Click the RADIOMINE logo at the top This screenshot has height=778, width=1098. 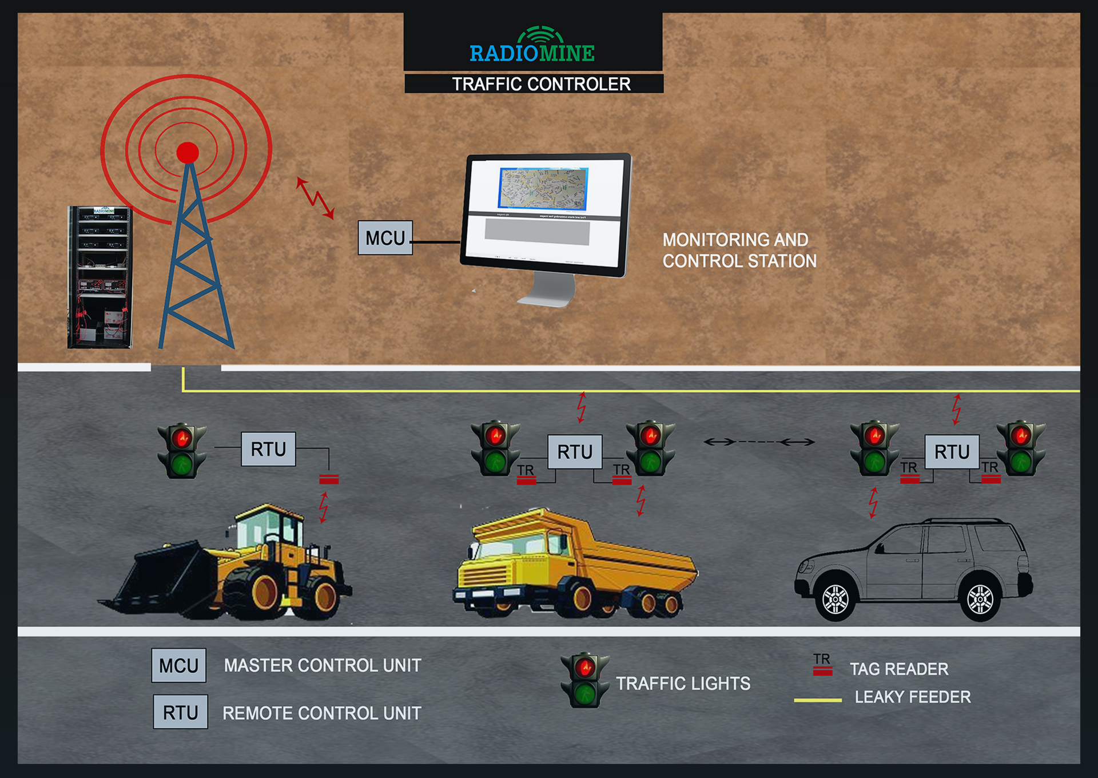532,46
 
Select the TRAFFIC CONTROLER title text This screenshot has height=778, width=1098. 541,84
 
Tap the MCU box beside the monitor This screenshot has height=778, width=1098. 385,237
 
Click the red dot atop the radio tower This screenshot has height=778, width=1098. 188,153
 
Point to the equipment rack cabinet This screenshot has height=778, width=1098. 101,277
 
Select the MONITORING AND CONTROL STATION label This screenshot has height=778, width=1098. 739,250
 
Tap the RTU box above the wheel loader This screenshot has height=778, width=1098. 268,449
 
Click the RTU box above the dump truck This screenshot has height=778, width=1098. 575,452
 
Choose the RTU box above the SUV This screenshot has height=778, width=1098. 952,452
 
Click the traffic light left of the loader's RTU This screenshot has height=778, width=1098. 182,451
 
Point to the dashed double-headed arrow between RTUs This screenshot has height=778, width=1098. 759,442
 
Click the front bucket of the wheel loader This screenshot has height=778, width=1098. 157,578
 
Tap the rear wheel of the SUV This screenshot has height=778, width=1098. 980,599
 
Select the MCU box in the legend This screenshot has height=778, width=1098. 178,665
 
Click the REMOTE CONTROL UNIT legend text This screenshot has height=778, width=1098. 321,713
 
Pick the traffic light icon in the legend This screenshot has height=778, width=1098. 584,680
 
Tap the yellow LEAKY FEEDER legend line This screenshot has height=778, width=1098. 818,700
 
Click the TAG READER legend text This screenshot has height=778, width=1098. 898,669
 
